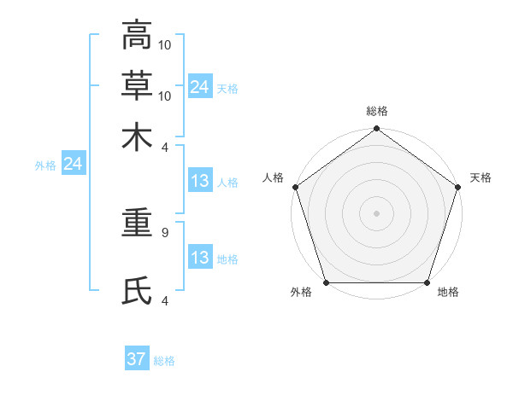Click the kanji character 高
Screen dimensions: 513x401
[137, 36]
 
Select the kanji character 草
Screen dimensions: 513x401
[137, 85]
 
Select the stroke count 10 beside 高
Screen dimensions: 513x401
[166, 44]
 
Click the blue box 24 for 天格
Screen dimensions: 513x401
[200, 87]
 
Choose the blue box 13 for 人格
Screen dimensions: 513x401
[200, 182]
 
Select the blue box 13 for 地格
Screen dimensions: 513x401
[200, 258]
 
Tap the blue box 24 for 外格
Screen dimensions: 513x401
[73, 165]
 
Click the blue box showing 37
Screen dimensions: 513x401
[137, 359]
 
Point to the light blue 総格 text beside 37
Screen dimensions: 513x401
[164, 361]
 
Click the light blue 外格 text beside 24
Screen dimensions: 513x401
[44, 166]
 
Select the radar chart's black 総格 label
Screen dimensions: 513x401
[377, 112]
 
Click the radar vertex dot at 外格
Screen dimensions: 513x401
[327, 282]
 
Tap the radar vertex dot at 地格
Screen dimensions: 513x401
[427, 282]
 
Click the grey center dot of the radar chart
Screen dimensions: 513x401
[377, 213]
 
